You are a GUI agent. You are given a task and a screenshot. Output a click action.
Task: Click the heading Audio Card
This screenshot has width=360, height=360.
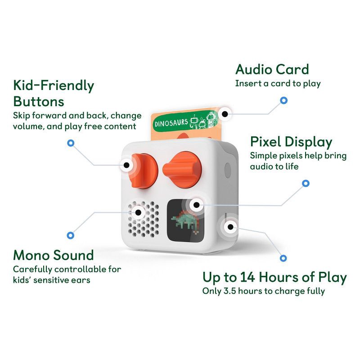click(272, 69)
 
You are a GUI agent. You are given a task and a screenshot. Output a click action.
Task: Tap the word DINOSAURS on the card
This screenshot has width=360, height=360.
click(171, 123)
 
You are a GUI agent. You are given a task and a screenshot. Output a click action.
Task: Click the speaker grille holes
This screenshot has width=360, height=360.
click(144, 219)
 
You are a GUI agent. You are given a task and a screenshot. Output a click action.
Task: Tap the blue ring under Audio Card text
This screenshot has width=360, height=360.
click(284, 100)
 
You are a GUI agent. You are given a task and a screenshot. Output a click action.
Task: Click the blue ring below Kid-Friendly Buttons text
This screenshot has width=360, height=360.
click(71, 143)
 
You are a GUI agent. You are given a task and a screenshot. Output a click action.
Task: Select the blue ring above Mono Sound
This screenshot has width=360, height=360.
click(71, 235)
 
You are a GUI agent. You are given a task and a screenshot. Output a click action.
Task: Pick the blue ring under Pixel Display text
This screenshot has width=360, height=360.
click(306, 183)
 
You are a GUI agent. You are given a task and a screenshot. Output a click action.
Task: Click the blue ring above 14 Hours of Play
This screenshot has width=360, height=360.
click(283, 258)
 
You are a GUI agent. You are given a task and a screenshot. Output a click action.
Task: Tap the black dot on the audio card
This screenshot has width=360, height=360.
click(225, 114)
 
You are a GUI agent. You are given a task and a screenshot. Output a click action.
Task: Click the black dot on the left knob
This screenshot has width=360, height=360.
click(126, 165)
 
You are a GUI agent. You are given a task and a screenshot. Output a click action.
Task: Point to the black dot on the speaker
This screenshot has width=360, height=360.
click(138, 212)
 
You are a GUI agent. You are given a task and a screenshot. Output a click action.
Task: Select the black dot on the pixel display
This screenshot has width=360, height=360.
click(197, 205)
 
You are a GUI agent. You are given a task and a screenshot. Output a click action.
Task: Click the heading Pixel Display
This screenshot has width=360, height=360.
click(291, 142)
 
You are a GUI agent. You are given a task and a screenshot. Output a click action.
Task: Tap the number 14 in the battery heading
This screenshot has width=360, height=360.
click(247, 277)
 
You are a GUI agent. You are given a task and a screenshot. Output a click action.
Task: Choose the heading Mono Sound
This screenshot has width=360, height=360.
click(54, 255)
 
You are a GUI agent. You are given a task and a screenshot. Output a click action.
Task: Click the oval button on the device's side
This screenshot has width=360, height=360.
click(228, 171)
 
